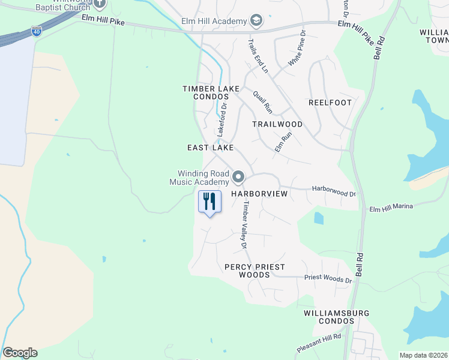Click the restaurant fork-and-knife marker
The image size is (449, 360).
(209, 201)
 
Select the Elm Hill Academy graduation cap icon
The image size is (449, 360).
(256, 21)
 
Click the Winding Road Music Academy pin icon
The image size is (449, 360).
(238, 177)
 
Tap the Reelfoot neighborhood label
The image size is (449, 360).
(330, 103)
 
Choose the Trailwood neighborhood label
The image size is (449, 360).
(277, 124)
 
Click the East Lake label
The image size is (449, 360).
(209, 148)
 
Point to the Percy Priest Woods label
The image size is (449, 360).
(255, 271)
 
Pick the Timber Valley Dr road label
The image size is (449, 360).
(245, 225)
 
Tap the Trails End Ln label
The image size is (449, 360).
(258, 55)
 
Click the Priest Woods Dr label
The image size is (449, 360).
(328, 279)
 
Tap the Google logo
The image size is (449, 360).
(20, 353)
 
